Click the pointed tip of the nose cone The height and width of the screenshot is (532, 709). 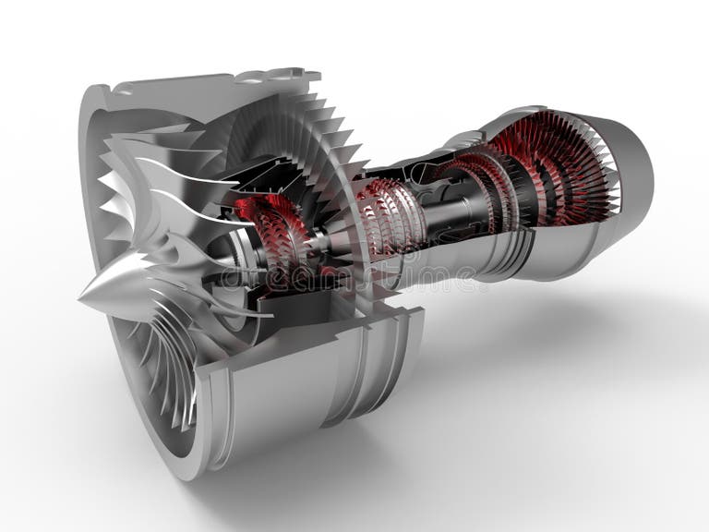tap(82, 297)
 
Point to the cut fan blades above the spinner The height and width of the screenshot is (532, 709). tap(157, 185)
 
